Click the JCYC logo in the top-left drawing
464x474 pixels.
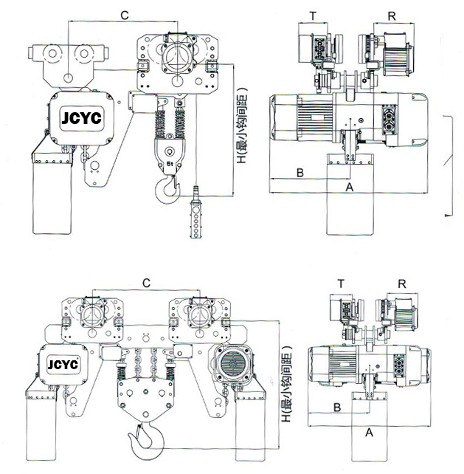[83, 118]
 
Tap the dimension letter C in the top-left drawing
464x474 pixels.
[125, 14]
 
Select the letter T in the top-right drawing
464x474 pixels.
[313, 15]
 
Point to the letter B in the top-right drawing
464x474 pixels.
[299, 173]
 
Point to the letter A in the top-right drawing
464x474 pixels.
[350, 188]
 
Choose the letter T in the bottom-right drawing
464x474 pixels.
[341, 283]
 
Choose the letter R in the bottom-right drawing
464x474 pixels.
[401, 283]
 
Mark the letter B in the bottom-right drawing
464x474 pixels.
[336, 407]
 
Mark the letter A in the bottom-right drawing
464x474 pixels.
[369, 433]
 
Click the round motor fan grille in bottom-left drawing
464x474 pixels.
[235, 365]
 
